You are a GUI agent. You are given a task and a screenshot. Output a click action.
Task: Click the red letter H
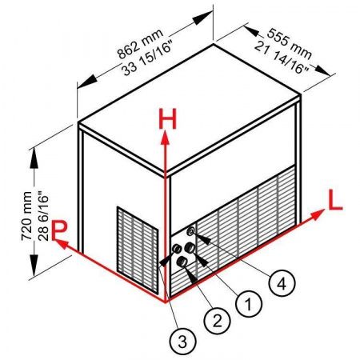167,119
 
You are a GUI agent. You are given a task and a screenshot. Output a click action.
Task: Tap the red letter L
335,200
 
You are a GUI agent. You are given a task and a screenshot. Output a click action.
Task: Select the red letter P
59,230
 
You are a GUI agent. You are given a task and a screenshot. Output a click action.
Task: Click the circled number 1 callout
249,304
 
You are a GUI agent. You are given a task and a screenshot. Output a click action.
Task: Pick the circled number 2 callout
217,321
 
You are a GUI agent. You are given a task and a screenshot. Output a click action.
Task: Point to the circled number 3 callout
183,342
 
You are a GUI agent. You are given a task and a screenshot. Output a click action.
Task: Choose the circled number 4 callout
282,283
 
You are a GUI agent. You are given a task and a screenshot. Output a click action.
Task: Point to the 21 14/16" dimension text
282,58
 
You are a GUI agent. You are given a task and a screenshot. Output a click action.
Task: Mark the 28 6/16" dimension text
42,216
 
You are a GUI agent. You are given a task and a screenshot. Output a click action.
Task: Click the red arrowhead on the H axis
166,138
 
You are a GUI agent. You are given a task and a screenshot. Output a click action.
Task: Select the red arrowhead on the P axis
62,244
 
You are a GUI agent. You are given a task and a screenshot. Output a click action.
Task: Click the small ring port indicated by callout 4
191,231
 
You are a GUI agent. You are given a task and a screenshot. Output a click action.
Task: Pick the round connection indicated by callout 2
182,262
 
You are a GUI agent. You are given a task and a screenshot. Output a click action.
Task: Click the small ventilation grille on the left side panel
138,250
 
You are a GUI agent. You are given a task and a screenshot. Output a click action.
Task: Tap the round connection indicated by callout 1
190,248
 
